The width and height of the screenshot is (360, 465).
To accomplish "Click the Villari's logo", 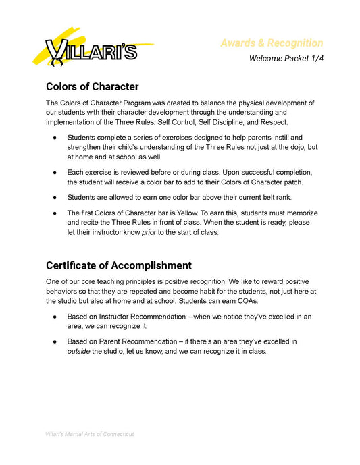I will (x=91, y=49).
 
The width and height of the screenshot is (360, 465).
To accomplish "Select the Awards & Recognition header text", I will (x=272, y=43).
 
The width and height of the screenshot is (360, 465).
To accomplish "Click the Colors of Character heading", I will (x=92, y=87).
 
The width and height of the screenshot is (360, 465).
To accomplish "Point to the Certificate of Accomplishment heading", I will (x=118, y=265).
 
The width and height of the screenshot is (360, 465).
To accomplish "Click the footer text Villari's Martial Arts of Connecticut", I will (x=89, y=434).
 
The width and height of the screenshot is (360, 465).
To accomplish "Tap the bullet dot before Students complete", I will (x=54, y=137).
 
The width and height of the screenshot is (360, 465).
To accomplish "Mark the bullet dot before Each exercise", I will (x=54, y=172).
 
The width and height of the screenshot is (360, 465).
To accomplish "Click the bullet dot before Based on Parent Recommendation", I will (x=54, y=341).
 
